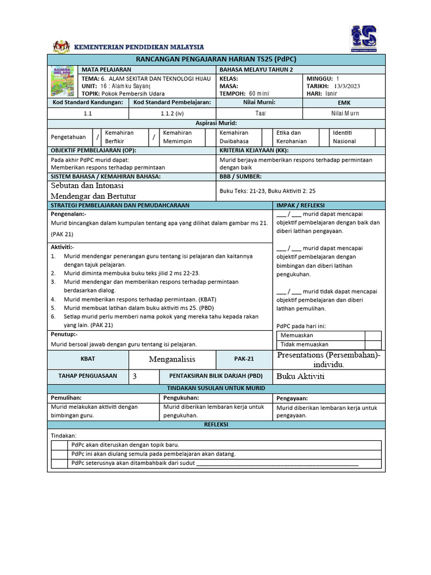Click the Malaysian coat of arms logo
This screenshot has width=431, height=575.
point(61,47)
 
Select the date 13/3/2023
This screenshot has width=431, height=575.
point(347,86)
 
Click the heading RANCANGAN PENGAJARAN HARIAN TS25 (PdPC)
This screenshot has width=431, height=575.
point(216,60)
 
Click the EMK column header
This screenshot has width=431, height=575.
point(344,103)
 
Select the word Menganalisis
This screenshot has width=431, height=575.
point(172,359)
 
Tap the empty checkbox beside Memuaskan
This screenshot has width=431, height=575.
point(373,335)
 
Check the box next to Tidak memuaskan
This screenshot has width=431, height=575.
point(373,344)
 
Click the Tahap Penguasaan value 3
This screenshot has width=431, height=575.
point(135,376)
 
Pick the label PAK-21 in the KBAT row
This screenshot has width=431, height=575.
point(244,359)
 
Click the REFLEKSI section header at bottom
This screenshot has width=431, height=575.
point(216,425)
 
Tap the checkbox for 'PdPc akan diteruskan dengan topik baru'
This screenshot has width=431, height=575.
point(59,445)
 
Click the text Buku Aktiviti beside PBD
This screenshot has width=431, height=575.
point(300,376)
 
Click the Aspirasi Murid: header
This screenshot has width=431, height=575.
point(216,122)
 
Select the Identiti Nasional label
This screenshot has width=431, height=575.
point(345,137)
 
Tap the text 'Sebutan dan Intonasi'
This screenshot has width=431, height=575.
point(87,185)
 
